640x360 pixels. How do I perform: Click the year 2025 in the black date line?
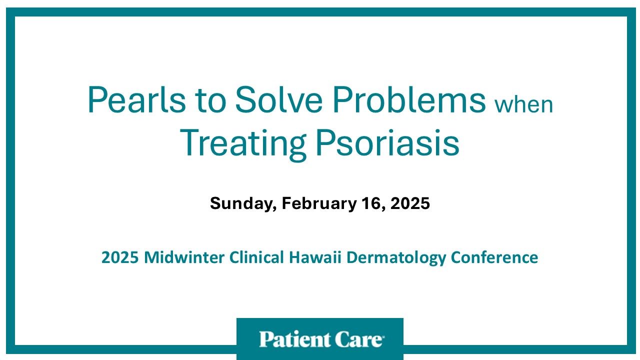click(409, 203)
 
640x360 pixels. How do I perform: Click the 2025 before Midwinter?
click(120, 257)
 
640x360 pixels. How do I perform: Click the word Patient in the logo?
click(289, 339)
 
